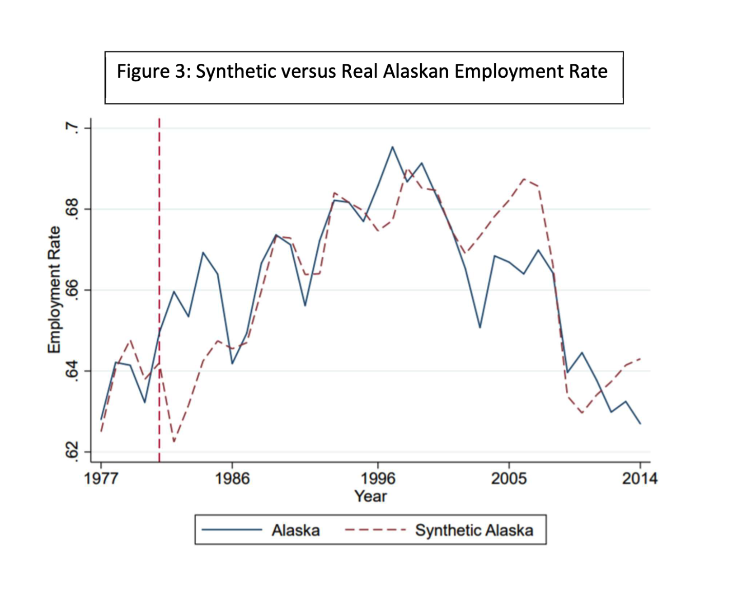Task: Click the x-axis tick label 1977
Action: tap(101, 478)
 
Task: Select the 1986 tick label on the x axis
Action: tap(232, 478)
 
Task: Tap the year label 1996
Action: tap(378, 478)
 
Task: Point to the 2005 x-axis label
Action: tap(509, 478)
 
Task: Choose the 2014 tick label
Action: tap(639, 478)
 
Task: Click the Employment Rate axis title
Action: tap(54, 290)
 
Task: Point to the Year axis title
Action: tap(371, 496)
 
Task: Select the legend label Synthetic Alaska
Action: tap(474, 530)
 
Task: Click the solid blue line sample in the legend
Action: tap(232, 530)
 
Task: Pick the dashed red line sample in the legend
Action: tap(375, 530)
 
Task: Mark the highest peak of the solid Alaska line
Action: tap(392, 147)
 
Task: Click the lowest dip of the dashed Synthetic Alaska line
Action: tap(174, 441)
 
